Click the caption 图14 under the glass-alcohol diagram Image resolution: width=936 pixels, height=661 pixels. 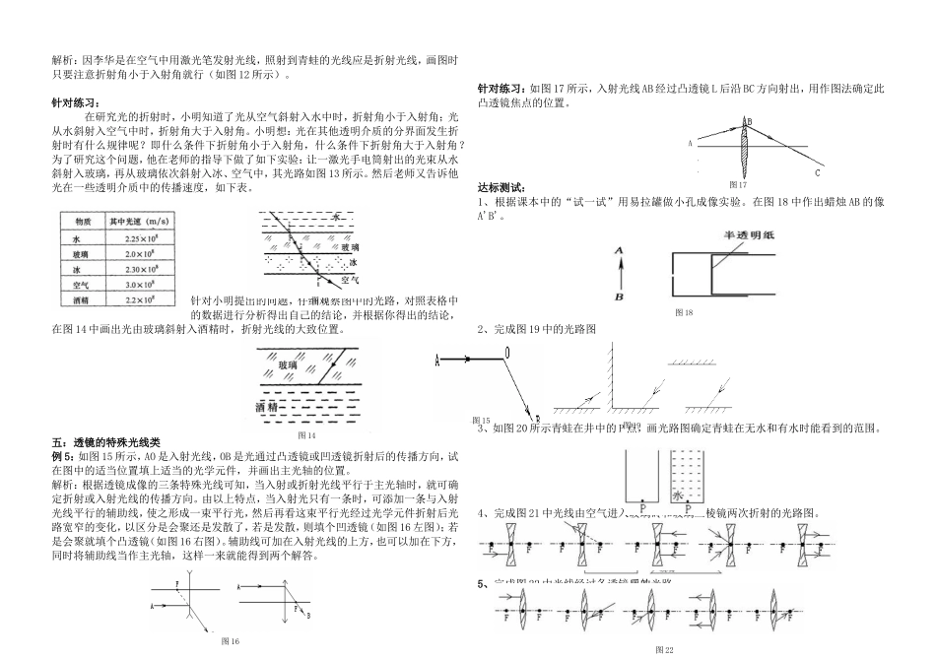[x=306, y=434]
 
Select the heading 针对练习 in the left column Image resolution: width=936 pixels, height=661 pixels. [x=75, y=102]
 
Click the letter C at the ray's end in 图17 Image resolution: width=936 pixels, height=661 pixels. [x=818, y=173]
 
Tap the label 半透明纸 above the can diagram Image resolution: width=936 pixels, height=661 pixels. [x=745, y=234]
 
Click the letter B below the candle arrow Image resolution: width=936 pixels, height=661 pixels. [x=618, y=296]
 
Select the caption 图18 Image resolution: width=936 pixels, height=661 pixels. [x=684, y=312]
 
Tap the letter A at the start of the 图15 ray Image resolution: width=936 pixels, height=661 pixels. [x=436, y=362]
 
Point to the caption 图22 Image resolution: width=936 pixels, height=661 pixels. [x=663, y=651]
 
